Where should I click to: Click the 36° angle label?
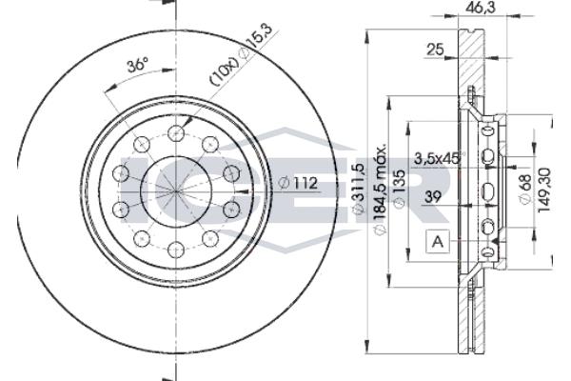pos(138,66)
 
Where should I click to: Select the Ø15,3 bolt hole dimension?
pos(255,41)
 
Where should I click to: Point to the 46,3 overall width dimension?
pos(481,8)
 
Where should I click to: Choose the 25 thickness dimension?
pos(435,50)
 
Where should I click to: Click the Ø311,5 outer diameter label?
pos(359,190)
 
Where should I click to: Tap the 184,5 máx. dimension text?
pos(380,190)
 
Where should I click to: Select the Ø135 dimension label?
pos(400,190)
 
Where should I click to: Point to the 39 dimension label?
pos(433,197)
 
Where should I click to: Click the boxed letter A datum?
pos(438,241)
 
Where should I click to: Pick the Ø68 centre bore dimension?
pos(525,190)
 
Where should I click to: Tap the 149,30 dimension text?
pos(544,190)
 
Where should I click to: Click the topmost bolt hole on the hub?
pos(175,133)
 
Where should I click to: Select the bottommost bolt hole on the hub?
pos(175,250)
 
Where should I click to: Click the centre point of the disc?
pos(175,191)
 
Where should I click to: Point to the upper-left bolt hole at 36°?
pos(141,145)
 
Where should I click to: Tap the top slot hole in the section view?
pos(487,131)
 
